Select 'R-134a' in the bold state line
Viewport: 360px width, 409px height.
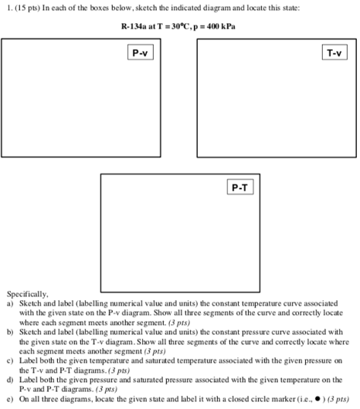(x=136, y=26)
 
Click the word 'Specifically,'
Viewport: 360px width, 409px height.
(x=28, y=294)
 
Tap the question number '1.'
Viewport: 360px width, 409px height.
(x=7, y=8)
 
